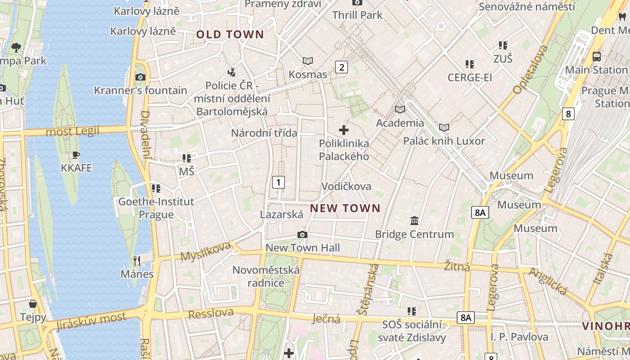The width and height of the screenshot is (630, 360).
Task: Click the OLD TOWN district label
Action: (x=230, y=35)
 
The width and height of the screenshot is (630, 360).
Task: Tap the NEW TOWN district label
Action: (x=345, y=208)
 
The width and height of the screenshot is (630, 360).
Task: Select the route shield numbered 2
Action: (x=342, y=67)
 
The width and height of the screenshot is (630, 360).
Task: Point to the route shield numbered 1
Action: (x=279, y=182)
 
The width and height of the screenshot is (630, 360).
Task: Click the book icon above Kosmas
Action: (x=308, y=61)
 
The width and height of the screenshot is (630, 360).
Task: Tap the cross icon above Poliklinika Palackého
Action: (x=344, y=130)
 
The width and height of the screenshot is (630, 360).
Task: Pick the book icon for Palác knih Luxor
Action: (x=444, y=128)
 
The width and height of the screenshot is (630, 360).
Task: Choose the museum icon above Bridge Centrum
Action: (x=414, y=221)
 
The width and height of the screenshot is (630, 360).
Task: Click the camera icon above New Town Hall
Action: (x=302, y=234)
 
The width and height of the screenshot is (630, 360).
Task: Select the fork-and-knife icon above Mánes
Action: (x=137, y=261)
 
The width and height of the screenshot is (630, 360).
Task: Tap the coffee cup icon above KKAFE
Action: (x=76, y=155)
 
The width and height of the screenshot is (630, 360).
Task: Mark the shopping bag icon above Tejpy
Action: (x=33, y=304)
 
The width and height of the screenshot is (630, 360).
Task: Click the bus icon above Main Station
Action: (x=597, y=57)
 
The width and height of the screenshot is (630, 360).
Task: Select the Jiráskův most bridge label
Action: (x=92, y=319)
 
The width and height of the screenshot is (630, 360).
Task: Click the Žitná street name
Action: (x=457, y=267)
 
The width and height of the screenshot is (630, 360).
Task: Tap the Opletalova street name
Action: (x=530, y=70)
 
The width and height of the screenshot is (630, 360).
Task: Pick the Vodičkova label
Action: (x=346, y=186)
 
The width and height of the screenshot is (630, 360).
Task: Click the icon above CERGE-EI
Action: (x=470, y=64)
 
